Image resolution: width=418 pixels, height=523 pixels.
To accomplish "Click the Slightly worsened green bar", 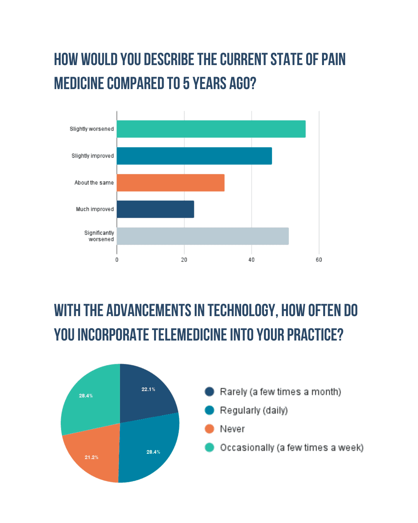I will pos(211,129).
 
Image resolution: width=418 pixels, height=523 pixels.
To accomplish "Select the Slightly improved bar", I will pos(194,156).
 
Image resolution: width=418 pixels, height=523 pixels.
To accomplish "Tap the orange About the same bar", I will pos(170,182).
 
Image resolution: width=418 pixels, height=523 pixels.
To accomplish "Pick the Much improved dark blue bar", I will pos(155,209).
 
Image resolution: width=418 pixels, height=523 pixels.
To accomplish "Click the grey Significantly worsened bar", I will pos(202,236).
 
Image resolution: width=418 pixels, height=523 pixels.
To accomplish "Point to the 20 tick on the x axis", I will pos(184,260).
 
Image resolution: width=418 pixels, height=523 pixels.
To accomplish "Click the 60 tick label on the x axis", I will pos(319,260).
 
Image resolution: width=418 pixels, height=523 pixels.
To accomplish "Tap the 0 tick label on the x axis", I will pos(117,260).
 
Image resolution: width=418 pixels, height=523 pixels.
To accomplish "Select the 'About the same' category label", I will pos(94,182).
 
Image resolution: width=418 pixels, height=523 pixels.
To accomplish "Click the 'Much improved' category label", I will pos(95,209).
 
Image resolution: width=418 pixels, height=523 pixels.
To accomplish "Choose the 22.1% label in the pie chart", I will pos(148,389).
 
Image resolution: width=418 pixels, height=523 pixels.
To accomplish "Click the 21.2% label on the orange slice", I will pos(91,458).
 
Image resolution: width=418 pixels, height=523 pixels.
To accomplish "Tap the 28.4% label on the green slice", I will pos(86,396).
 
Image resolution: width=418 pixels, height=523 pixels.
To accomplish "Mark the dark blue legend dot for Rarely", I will pos(209,392).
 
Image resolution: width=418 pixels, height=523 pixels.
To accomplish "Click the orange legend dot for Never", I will pos(209,429).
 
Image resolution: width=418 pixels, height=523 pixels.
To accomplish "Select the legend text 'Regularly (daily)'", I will pos(254,410).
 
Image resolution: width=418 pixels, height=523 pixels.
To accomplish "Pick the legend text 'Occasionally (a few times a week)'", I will pos(291,447).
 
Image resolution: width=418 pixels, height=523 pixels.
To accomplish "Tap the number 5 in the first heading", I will pos(186,84).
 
